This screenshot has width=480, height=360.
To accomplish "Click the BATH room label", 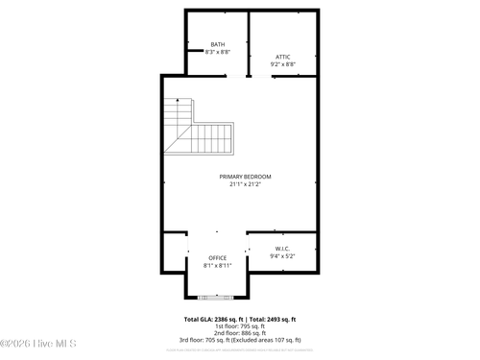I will click(x=218, y=45).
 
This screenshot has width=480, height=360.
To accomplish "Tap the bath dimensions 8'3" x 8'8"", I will click(x=218, y=52).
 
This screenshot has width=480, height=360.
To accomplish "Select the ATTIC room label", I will click(x=282, y=57).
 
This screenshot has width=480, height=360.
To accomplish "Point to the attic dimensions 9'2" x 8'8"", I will click(x=282, y=64).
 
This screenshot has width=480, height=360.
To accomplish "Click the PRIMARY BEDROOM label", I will click(x=245, y=177).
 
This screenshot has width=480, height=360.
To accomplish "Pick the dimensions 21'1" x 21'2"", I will click(x=245, y=184).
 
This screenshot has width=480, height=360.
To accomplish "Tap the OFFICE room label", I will click(x=218, y=258).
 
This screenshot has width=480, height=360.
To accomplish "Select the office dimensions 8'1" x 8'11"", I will click(x=218, y=266).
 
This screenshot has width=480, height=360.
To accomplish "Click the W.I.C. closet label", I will click(x=282, y=249).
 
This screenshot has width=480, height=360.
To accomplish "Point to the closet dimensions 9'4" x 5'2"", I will click(x=282, y=256).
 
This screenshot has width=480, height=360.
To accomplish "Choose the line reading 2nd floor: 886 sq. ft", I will click(x=239, y=332).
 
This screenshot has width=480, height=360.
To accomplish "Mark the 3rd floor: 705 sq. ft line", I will click(x=239, y=340).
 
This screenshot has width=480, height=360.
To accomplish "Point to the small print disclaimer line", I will click(x=239, y=350).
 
